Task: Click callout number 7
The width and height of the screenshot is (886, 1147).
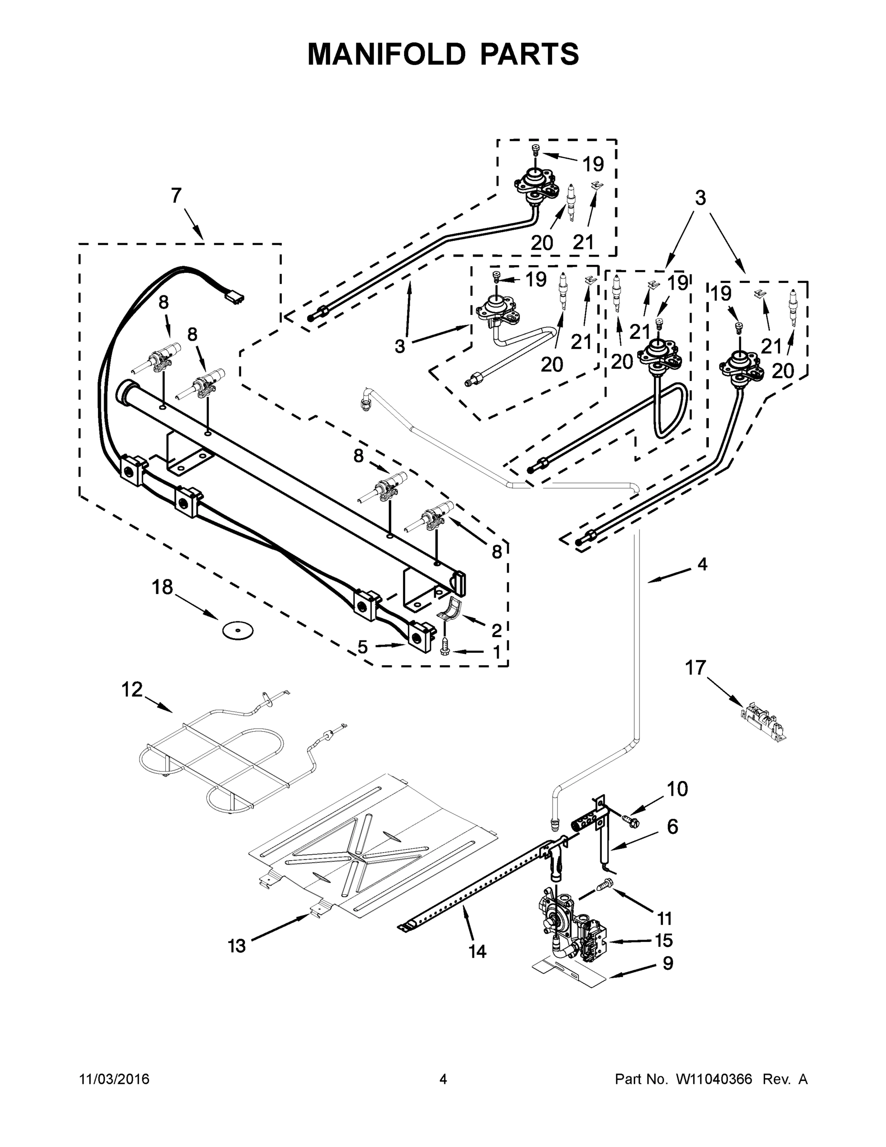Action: pyautogui.click(x=176, y=196)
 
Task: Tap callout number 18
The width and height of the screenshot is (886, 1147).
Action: pyautogui.click(x=162, y=587)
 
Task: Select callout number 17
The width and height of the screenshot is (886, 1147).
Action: pyautogui.click(x=696, y=668)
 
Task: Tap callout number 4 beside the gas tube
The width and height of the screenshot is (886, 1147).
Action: pyautogui.click(x=702, y=564)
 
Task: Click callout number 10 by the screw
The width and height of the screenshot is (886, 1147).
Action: pyautogui.click(x=677, y=803)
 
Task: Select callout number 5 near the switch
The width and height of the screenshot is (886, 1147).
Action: pyautogui.click(x=363, y=648)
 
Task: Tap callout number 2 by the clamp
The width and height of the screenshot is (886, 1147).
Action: pyautogui.click(x=496, y=630)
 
